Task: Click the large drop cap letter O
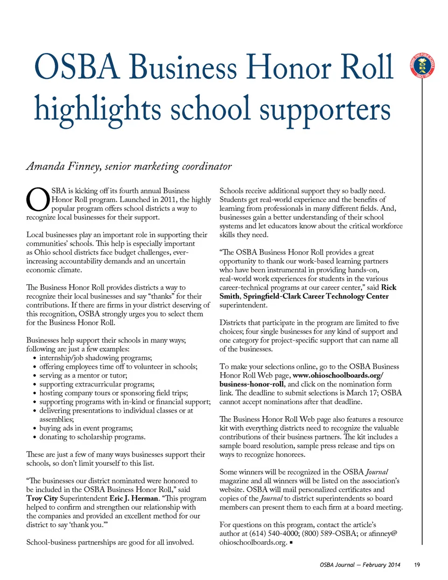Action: point(37,199)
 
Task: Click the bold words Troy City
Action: point(42,498)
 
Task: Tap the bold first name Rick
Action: point(388,287)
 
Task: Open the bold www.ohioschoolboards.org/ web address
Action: point(338,375)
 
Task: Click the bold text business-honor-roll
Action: point(252,384)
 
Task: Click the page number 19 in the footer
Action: point(417,565)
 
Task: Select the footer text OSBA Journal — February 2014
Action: point(360,565)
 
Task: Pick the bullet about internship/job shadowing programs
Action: point(95,358)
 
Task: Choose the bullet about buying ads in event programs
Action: point(86,428)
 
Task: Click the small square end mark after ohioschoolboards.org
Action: point(291,543)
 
